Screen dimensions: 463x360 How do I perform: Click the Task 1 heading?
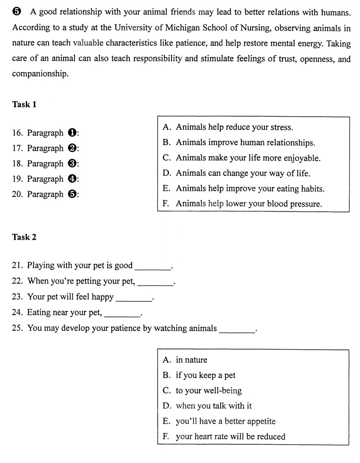(x=24, y=104)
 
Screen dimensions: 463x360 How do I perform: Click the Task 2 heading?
(x=24, y=237)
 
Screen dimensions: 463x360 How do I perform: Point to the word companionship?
(x=40, y=74)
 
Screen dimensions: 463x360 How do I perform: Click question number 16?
(x=17, y=133)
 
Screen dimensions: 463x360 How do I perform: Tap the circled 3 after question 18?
(x=72, y=163)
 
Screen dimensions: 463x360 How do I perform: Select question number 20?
(x=17, y=194)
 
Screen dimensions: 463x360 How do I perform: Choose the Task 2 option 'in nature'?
(x=191, y=360)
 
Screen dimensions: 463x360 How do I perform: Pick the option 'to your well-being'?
(x=208, y=391)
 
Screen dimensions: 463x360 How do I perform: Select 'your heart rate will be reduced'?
(x=230, y=436)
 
